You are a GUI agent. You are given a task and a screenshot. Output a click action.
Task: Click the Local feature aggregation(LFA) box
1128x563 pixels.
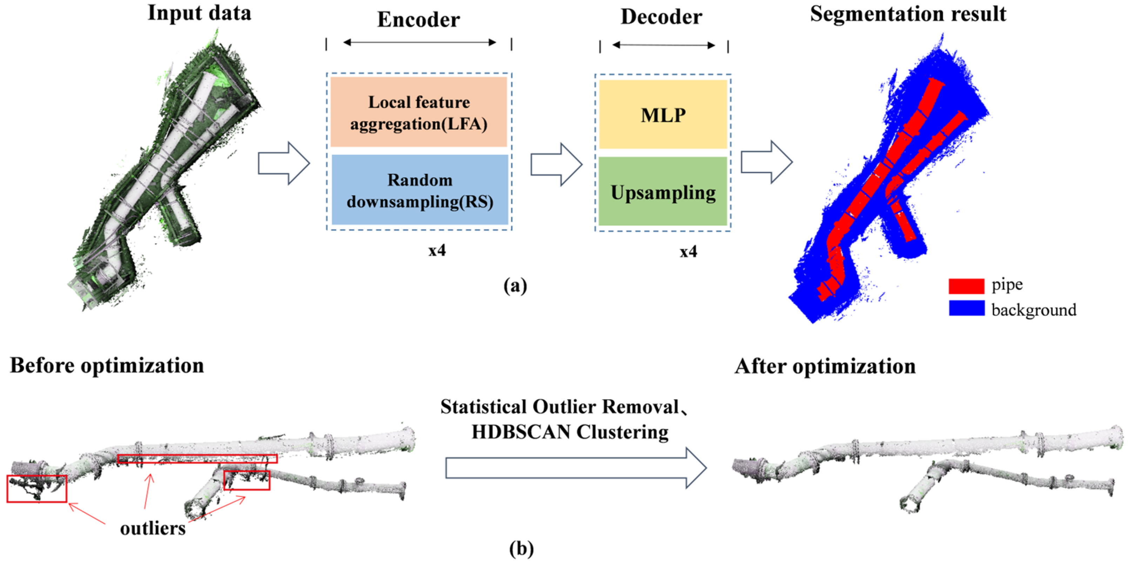[x=419, y=112]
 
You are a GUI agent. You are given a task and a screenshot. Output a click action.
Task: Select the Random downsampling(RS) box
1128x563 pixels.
[x=419, y=190]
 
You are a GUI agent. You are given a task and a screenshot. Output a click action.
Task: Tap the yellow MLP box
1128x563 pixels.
[x=663, y=115]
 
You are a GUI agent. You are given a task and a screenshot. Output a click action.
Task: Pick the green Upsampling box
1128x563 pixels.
[x=663, y=192]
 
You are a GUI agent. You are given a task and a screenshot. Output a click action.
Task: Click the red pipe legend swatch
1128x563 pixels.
[x=966, y=286]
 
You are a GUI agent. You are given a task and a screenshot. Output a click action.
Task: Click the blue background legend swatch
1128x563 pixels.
[x=966, y=308]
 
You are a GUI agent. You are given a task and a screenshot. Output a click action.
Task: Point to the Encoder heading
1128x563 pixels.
[x=419, y=20]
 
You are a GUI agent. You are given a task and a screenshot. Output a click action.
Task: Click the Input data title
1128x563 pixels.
[x=200, y=13]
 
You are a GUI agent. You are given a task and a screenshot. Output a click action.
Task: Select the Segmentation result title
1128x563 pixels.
[x=908, y=14]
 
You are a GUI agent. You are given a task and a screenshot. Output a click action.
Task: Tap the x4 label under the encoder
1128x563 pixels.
[x=437, y=250]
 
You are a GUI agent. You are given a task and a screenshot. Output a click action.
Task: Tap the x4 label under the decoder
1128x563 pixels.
[x=688, y=252]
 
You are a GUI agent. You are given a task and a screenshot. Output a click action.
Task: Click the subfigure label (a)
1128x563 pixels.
[x=515, y=286]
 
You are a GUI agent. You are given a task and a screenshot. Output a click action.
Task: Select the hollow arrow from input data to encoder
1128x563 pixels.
[x=284, y=163]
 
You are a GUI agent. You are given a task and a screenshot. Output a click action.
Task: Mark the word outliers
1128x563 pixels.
[x=153, y=528]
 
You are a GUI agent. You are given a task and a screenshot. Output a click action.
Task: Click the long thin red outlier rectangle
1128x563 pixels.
[x=197, y=459]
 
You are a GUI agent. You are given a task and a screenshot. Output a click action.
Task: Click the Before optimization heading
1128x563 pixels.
[x=107, y=366]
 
